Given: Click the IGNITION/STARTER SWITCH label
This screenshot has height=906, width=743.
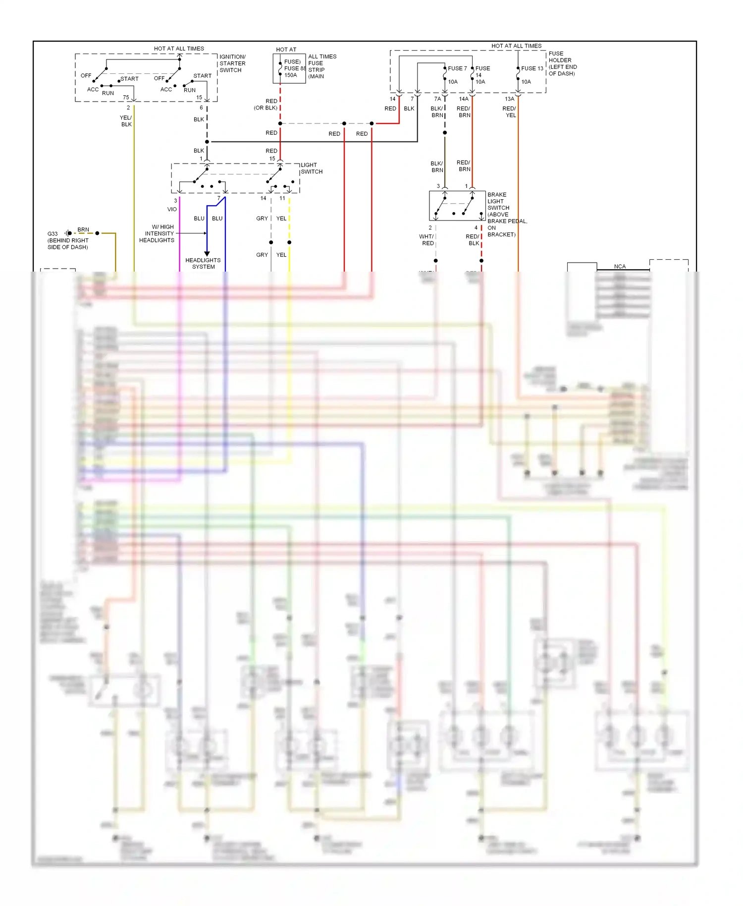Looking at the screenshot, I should (x=232, y=63).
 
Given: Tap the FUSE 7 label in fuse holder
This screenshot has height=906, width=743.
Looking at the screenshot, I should (x=457, y=68).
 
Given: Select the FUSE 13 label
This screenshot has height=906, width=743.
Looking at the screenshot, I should (x=532, y=68).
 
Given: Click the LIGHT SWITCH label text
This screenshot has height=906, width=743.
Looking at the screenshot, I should (x=312, y=169).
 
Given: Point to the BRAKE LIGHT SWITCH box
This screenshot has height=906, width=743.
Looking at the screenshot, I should (x=457, y=206).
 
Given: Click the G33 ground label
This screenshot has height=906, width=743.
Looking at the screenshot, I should (x=53, y=234).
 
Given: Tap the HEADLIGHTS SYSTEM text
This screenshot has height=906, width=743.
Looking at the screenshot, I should (x=203, y=263).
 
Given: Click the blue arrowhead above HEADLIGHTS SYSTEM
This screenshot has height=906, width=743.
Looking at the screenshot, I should (x=207, y=253).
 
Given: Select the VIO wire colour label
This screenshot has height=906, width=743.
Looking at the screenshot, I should (x=172, y=209).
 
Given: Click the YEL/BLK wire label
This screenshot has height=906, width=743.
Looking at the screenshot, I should (x=126, y=121).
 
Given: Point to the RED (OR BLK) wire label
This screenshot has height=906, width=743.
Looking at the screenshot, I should (x=266, y=105).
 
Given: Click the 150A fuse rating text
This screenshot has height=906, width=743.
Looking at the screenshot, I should (x=291, y=75).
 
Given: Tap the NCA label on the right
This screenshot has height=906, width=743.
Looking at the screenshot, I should (x=620, y=267).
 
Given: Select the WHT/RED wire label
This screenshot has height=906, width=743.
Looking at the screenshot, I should (x=426, y=240).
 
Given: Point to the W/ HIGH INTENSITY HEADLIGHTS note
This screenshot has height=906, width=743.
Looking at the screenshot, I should (x=157, y=233).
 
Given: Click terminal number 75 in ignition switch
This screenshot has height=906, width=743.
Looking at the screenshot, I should (x=126, y=97).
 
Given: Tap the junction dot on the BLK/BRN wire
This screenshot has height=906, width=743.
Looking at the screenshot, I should (x=445, y=133).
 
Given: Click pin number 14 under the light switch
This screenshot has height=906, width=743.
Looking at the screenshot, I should (x=264, y=198).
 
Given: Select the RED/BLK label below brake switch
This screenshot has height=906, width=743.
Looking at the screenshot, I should (x=473, y=240).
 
